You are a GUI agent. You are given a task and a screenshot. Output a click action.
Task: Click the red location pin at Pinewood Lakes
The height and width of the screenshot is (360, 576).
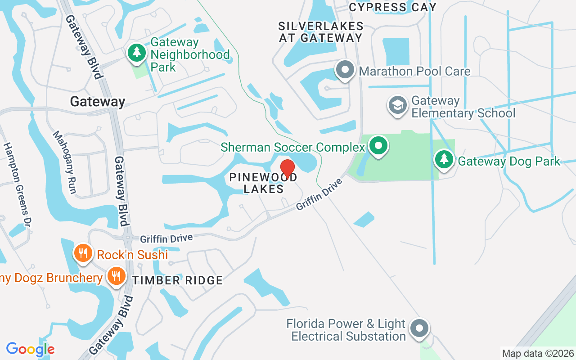(x=288, y=169)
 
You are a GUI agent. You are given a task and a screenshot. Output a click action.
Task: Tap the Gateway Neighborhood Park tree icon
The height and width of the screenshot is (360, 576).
(x=137, y=53)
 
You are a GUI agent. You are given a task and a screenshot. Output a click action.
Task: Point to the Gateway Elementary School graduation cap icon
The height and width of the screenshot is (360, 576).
(x=397, y=105)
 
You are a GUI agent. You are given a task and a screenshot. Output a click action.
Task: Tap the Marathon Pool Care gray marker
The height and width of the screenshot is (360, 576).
(x=346, y=71)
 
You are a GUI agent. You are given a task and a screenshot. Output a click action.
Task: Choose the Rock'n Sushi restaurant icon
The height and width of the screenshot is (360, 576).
(x=83, y=254)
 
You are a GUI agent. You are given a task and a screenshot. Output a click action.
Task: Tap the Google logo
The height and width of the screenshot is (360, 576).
(x=30, y=349)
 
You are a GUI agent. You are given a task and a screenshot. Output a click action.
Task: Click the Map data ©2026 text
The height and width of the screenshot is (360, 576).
(x=538, y=354)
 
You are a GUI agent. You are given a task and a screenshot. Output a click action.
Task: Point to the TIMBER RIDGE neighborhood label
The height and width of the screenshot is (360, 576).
(x=177, y=280)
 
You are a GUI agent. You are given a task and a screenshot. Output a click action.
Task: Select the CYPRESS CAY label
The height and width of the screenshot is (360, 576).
(x=392, y=7)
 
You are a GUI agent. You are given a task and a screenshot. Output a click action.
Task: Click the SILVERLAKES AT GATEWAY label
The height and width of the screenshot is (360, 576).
(x=320, y=31)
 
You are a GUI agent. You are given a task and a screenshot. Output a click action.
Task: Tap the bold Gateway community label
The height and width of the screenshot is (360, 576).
(x=97, y=102)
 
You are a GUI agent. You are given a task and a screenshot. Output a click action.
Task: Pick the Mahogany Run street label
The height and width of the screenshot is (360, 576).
(x=64, y=162)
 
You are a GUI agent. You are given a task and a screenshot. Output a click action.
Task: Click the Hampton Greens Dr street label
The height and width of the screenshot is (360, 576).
(x=16, y=182)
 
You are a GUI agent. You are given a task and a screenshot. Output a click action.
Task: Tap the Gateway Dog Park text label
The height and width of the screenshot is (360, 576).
(x=509, y=161)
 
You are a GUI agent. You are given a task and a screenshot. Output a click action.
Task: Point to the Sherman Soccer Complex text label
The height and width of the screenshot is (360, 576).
(x=292, y=147)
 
